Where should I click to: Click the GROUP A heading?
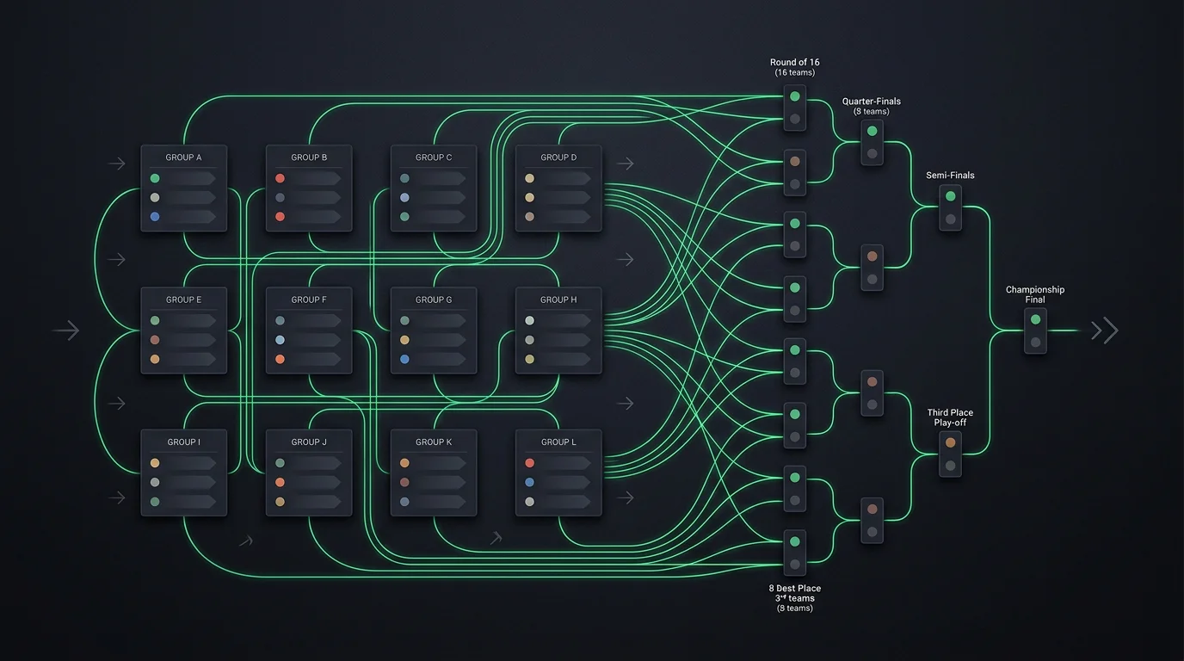(x=183, y=158)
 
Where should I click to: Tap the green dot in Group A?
(x=155, y=178)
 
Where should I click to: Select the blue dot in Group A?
(x=155, y=217)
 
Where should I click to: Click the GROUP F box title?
(x=309, y=300)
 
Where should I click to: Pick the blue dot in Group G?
(x=404, y=359)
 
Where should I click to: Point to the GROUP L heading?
(x=558, y=442)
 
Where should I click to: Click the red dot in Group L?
(x=529, y=463)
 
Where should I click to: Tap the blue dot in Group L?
(x=529, y=482)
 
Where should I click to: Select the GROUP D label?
(x=558, y=158)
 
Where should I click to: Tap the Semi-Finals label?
(x=950, y=176)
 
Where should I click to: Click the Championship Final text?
(x=1035, y=294)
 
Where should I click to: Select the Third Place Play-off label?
(x=950, y=417)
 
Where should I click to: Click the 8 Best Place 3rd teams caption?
(x=794, y=598)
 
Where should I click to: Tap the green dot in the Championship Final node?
(x=1035, y=319)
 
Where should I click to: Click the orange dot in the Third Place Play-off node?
(x=950, y=442)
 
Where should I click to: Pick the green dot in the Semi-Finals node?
(x=950, y=196)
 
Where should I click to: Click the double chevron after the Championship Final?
(x=1105, y=330)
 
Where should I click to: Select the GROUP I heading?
(x=183, y=442)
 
